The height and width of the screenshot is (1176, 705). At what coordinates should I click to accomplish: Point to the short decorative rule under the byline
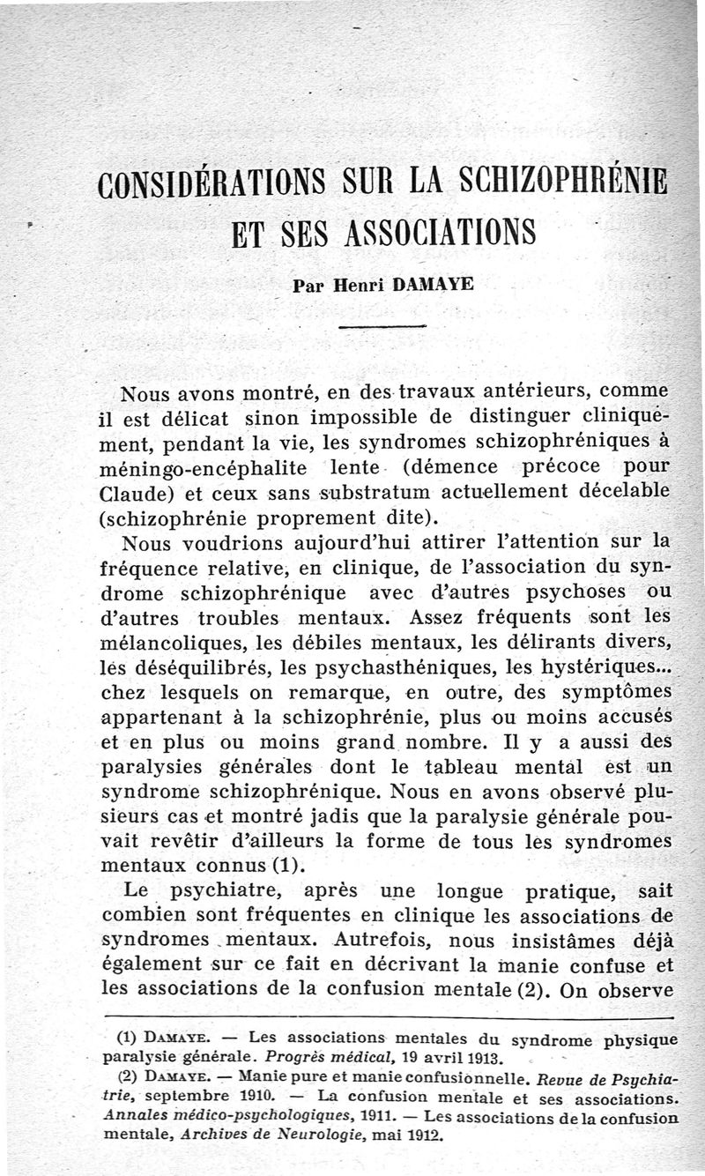click(382, 327)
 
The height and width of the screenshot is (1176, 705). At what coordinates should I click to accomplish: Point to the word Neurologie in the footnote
click(266, 1135)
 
